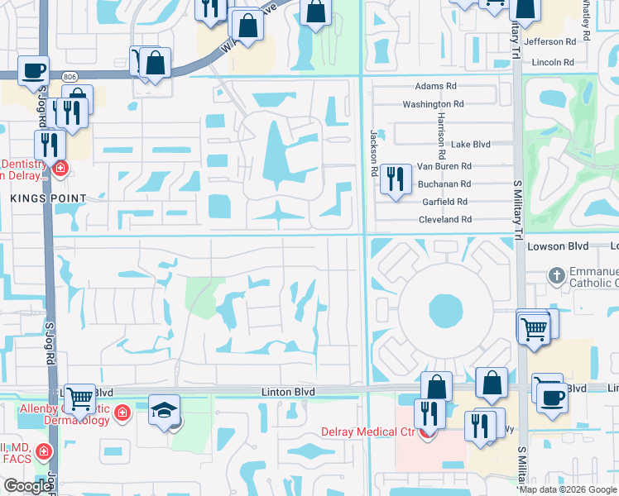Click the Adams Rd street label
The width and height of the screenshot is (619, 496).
pos(436,86)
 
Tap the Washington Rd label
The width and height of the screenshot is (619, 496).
pos(433,104)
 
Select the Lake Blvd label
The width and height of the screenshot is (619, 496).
pos(471,144)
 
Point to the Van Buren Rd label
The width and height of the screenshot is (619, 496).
pos(444,166)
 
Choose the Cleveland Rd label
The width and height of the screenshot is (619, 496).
pos(444,219)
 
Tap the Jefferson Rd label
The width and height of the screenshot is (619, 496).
pos(554,41)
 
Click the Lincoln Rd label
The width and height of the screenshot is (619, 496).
pos(554,62)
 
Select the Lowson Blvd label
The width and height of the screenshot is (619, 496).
pos(555,246)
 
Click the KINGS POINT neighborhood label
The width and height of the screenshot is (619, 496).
pos(48,198)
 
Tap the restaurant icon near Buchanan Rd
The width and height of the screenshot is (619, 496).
pos(396,179)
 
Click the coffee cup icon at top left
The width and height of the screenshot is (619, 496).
pos(33,70)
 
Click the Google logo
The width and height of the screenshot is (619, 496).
pos(26,486)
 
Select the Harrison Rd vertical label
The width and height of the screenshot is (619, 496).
pos(443,136)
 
